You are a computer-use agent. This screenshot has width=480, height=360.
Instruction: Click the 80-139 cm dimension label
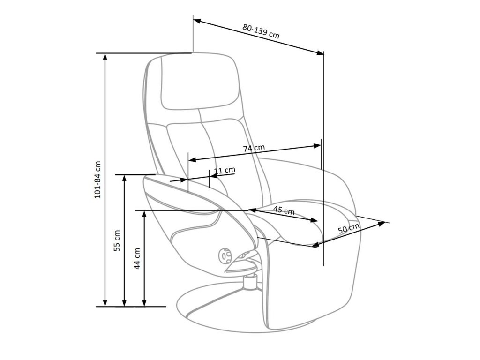pyautogui.click(x=261, y=31)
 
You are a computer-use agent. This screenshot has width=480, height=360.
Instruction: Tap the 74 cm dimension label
pyautogui.click(x=254, y=148)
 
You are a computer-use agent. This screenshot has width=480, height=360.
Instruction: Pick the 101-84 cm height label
pyautogui.click(x=98, y=180)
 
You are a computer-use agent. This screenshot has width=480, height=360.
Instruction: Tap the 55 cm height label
pyautogui.click(x=117, y=240)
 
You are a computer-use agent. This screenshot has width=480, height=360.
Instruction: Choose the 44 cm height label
pyautogui.click(x=137, y=258)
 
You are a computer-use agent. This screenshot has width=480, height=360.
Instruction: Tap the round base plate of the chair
pyautogui.click(x=244, y=312)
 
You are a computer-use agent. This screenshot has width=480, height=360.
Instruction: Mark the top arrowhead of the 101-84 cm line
pyautogui.click(x=105, y=57)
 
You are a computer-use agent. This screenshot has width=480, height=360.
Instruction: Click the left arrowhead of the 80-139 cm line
pyautogui.click(x=197, y=21)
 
